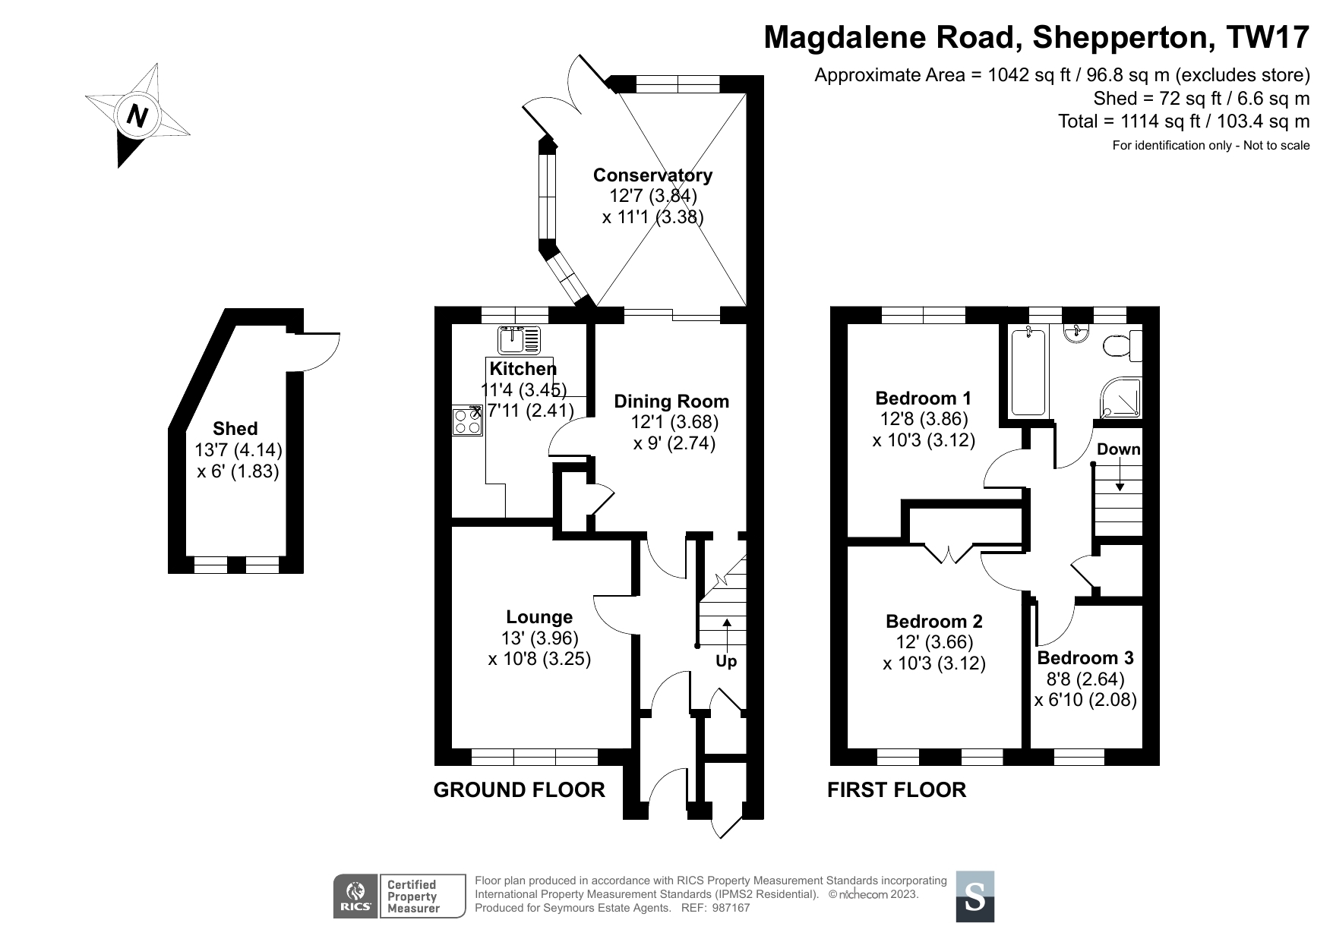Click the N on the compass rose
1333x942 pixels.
(x=137, y=116)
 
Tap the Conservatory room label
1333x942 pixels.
(x=652, y=175)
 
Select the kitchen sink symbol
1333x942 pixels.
(x=519, y=341)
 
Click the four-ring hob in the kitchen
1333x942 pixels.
(x=468, y=421)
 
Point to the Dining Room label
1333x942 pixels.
(x=671, y=402)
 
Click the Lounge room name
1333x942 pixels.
(x=539, y=617)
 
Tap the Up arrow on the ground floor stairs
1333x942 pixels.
(x=727, y=632)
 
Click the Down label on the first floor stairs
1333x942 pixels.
(x=1118, y=449)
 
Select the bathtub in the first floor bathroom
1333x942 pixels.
(x=1027, y=370)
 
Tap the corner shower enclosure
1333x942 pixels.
(x=1120, y=398)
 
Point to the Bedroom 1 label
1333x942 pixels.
(x=923, y=399)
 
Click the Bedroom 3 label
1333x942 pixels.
(x=1085, y=658)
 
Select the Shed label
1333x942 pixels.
(x=235, y=428)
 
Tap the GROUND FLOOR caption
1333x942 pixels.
(x=519, y=790)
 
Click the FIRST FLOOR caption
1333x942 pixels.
(x=896, y=790)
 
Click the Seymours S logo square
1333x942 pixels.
(x=974, y=896)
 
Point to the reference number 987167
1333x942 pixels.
(x=731, y=908)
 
